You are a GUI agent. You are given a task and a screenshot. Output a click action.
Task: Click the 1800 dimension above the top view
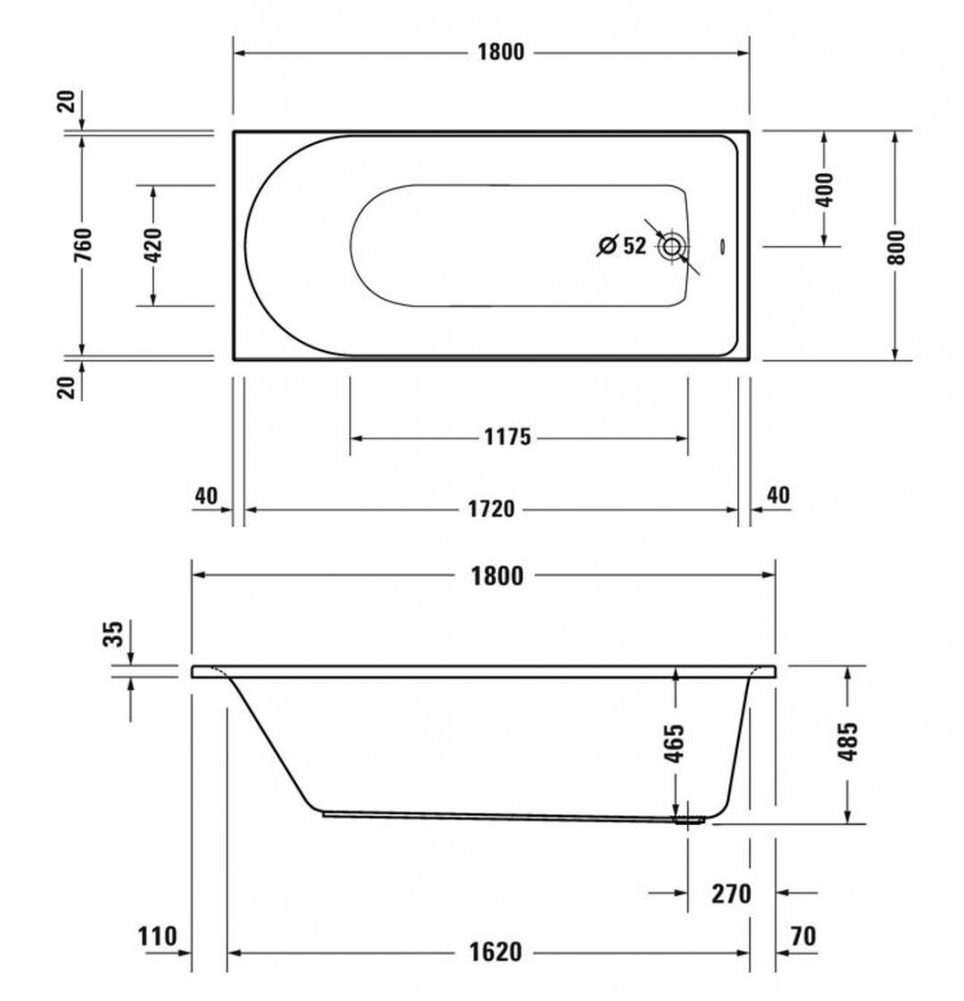coord(502,52)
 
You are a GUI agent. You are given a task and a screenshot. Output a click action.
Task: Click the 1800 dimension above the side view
coord(498,576)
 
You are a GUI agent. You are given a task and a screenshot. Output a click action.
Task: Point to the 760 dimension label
coord(84,243)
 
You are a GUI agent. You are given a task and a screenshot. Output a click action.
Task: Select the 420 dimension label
coord(153,245)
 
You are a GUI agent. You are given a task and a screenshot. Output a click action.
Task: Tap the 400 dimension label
coord(825,189)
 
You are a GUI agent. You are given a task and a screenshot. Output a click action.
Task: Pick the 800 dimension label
coord(896,247)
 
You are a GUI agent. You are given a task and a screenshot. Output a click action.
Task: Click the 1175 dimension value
coord(507,437)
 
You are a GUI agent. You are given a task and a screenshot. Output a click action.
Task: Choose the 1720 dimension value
coord(491,508)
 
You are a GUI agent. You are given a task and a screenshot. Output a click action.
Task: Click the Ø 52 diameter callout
coord(622,245)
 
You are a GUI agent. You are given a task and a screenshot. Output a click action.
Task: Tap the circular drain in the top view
coord(672,246)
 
